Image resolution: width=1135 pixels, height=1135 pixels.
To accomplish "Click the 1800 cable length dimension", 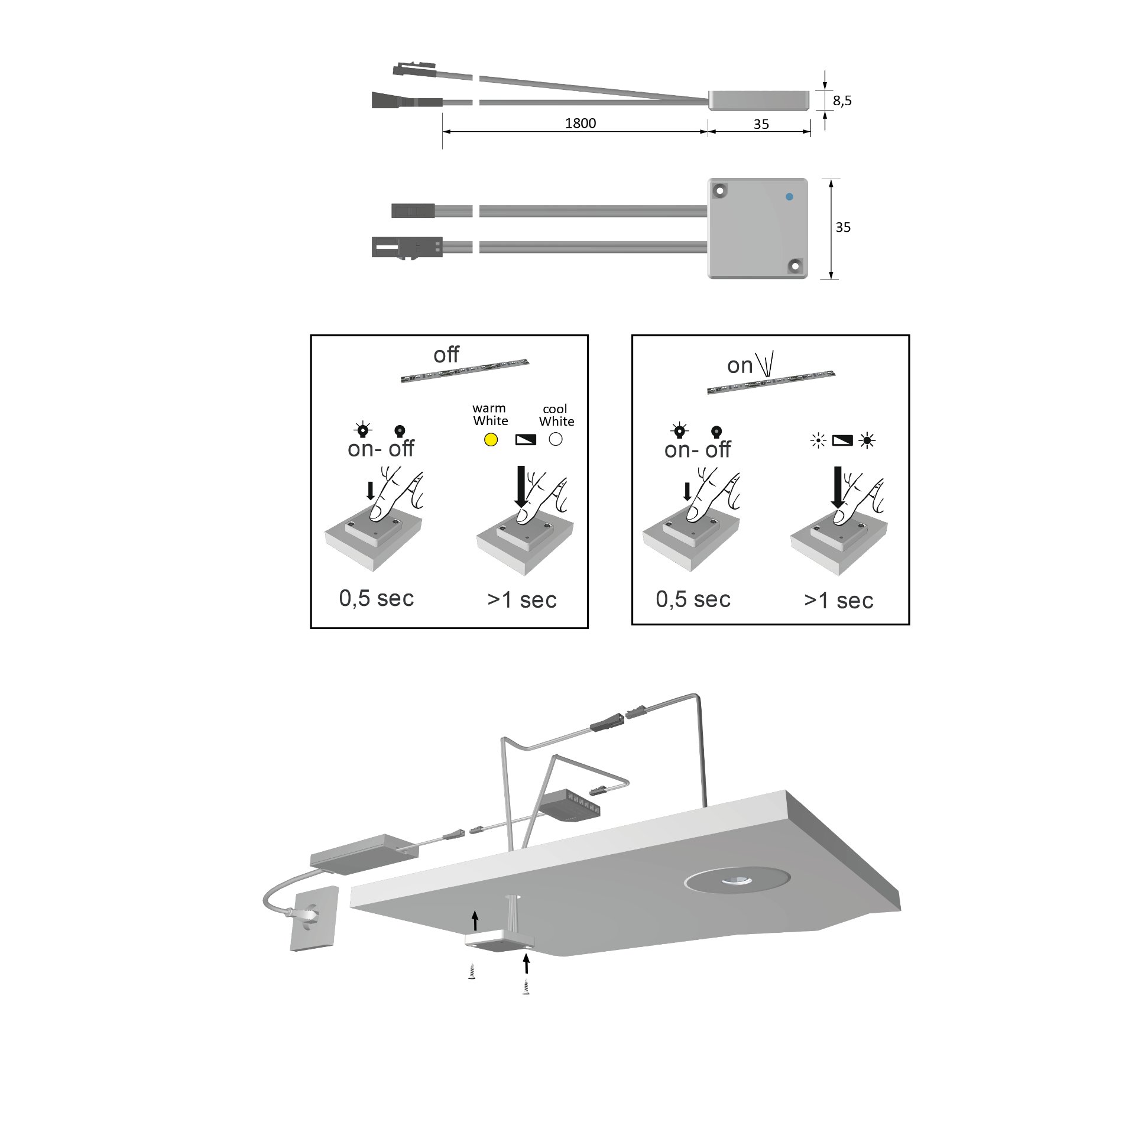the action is pos(580,123).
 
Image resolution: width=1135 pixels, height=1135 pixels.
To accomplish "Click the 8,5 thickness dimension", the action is pos(842,100).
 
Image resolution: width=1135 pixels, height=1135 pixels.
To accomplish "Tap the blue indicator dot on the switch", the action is pos(789,197).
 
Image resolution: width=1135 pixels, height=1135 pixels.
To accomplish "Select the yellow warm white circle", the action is pos(491,440).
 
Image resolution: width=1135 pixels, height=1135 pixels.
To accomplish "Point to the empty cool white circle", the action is pos(556,439).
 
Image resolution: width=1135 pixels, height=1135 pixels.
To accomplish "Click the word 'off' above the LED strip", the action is pos(446,355).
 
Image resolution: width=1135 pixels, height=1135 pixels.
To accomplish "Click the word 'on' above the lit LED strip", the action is pos(740,366).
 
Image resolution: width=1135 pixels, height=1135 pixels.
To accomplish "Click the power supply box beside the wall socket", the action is pos(364,854).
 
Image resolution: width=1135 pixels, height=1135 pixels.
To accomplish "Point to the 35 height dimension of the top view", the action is pos(843,228).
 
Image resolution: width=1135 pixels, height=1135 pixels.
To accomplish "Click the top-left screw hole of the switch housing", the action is pos(720,190).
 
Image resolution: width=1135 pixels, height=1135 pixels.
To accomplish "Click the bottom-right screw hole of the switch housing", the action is pos(796,266).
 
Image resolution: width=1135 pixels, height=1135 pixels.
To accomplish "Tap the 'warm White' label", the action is pos(490,414).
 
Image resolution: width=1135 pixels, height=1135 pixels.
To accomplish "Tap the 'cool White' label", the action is pos(556,415).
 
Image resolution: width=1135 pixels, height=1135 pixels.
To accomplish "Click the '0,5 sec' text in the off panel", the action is pos(377,598).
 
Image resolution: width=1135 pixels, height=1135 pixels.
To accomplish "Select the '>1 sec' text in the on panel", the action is pos(838,601).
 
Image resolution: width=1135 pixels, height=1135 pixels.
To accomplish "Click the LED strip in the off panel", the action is pos(465,371).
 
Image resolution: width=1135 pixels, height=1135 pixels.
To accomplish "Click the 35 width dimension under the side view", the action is pos(761,124).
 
